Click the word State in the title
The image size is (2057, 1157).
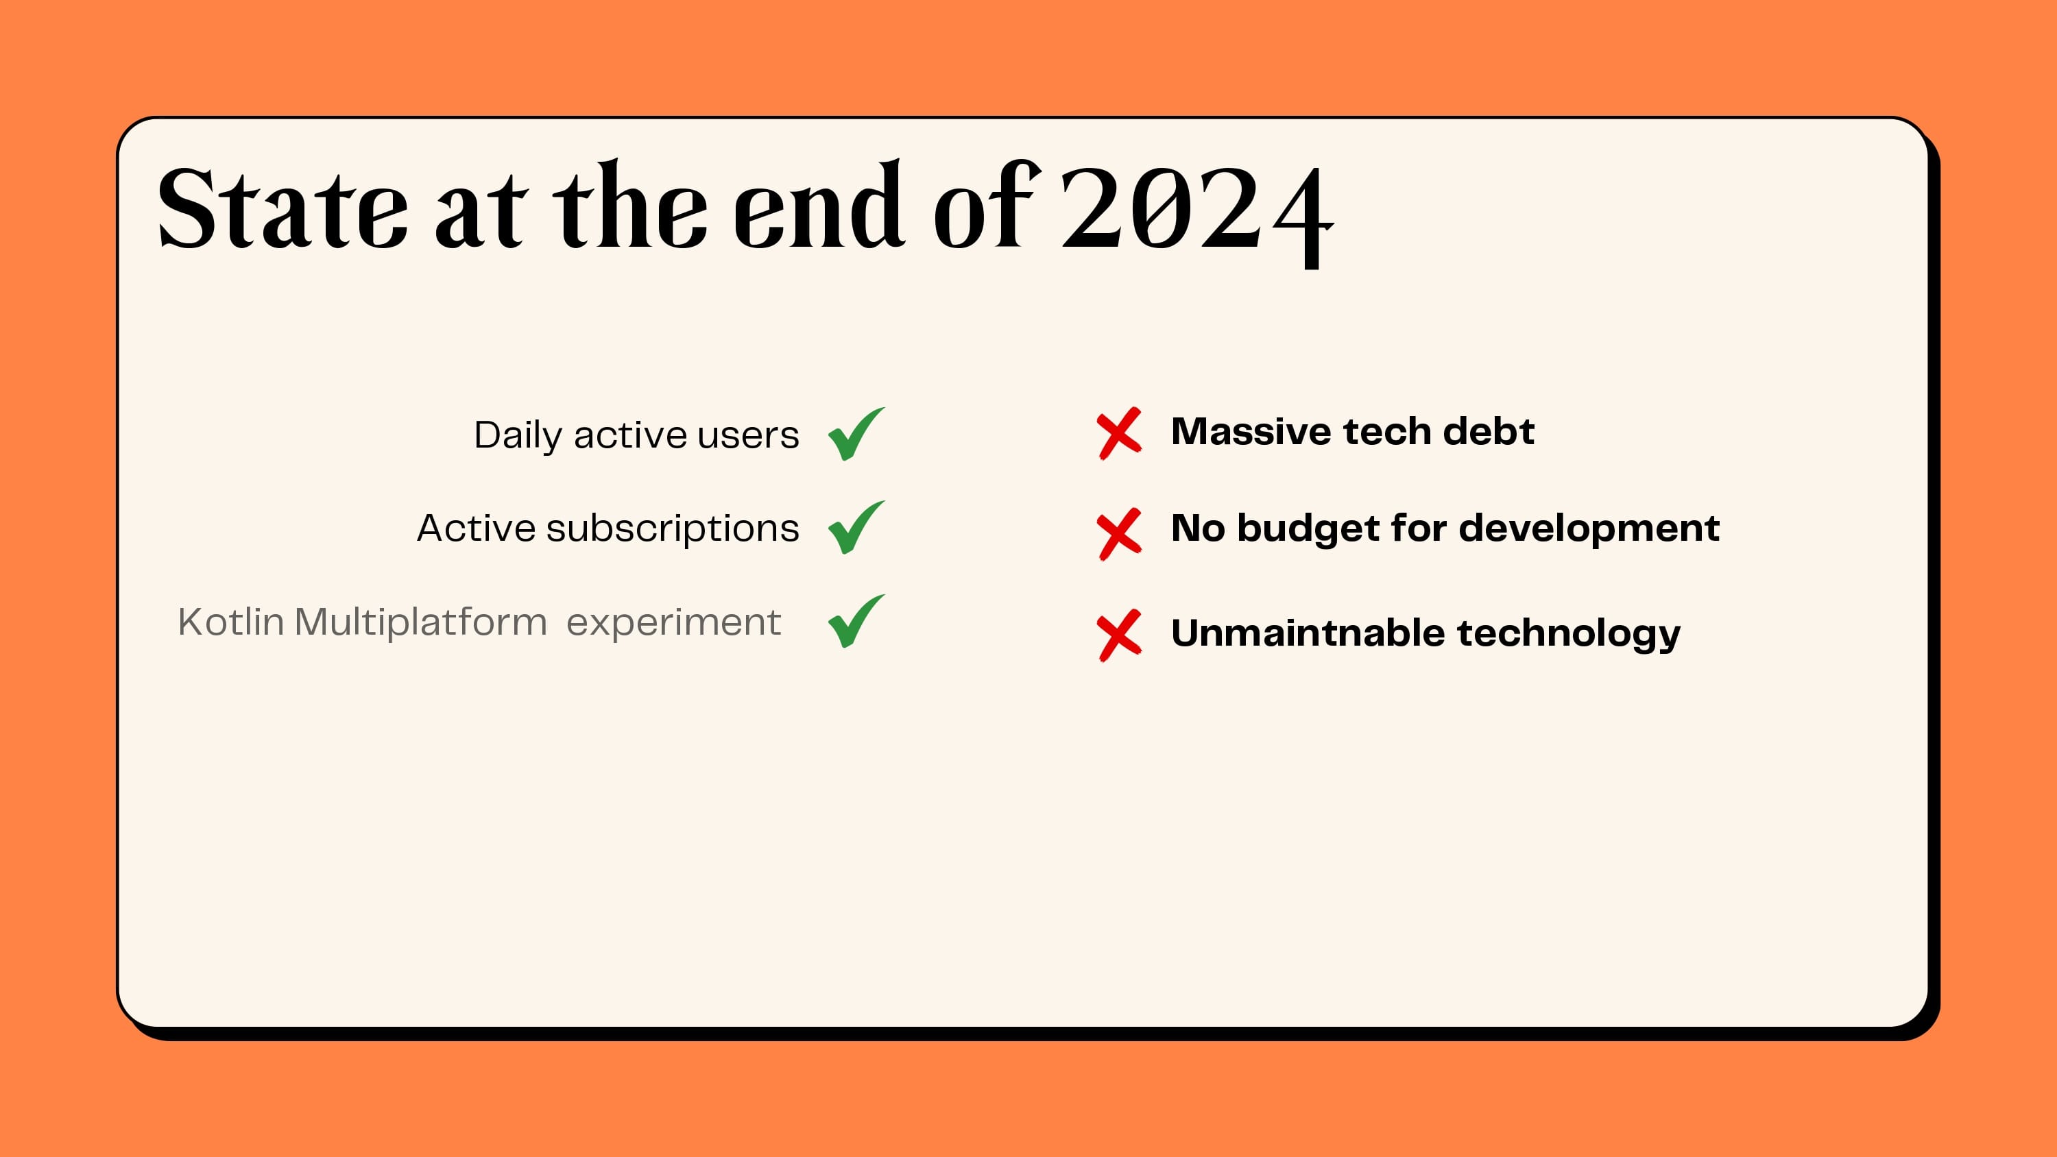(282, 209)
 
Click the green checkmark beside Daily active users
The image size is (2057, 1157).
(855, 435)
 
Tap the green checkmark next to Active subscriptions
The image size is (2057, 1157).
(855, 528)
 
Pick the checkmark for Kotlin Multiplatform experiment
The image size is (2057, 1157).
(855, 622)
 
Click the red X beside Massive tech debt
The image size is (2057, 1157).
(1119, 434)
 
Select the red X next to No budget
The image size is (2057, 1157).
(1119, 533)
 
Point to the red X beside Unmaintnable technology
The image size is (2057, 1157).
(1119, 635)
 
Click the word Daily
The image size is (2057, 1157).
(518, 436)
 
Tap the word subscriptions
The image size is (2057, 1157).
(673, 529)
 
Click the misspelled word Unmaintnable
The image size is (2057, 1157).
(1307, 633)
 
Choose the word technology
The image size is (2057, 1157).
(1568, 634)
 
